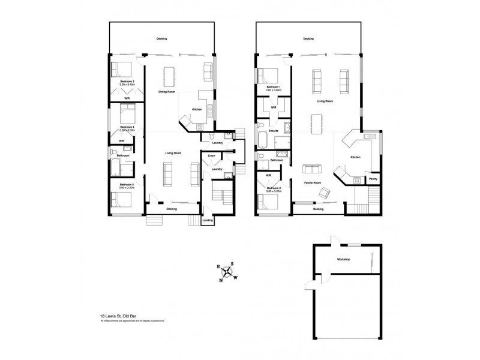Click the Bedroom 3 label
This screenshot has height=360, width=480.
click(127, 82)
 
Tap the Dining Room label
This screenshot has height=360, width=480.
click(167, 92)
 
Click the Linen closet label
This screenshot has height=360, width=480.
click(211, 156)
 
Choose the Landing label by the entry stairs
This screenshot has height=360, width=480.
click(208, 220)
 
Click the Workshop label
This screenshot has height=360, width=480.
click(343, 259)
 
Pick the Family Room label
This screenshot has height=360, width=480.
click(313, 182)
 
